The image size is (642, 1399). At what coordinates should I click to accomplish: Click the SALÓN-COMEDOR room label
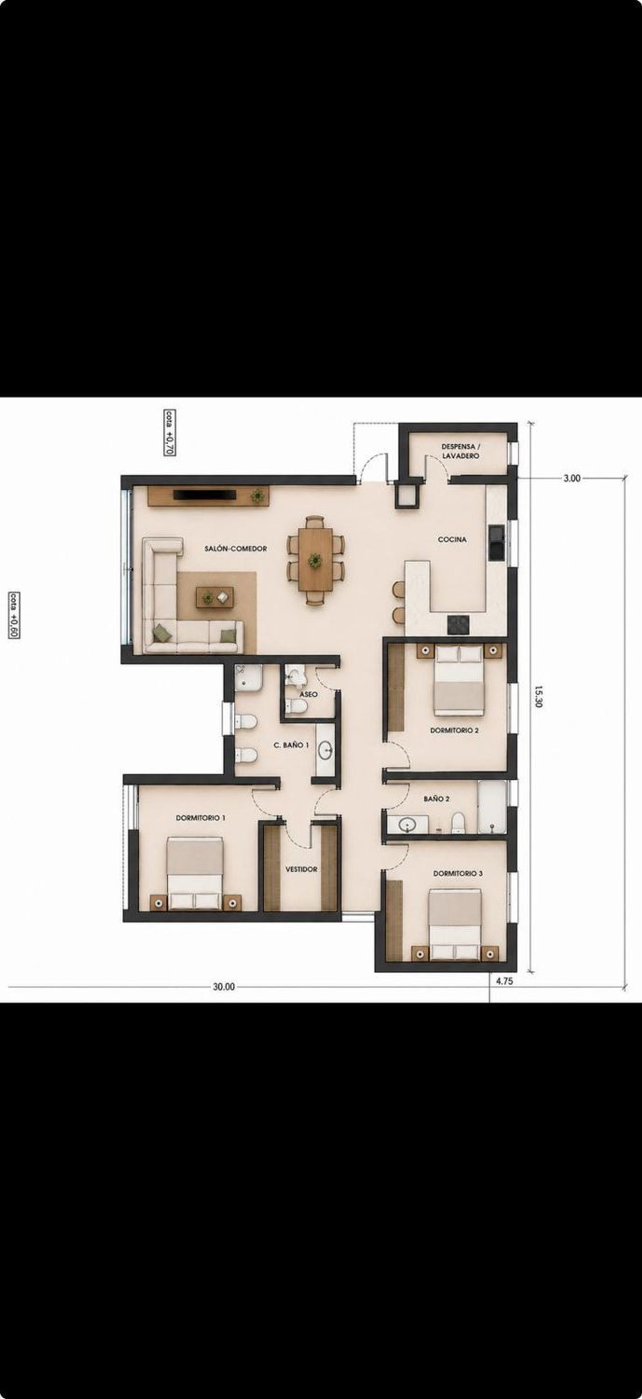click(x=235, y=549)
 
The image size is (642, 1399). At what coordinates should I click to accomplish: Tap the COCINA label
click(x=452, y=539)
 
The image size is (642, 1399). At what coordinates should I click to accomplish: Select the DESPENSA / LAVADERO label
click(x=460, y=451)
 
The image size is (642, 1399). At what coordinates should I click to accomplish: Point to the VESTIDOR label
click(x=301, y=869)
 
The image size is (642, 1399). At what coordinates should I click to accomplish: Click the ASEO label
click(x=308, y=694)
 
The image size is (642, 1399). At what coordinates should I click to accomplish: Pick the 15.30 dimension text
click(x=538, y=697)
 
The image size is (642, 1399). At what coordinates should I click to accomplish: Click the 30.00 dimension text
click(x=223, y=987)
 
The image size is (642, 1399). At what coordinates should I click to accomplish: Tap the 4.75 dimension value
click(x=504, y=981)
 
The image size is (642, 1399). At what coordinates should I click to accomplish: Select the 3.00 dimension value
click(x=572, y=478)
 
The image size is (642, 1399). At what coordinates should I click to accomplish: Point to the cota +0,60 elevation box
click(x=15, y=615)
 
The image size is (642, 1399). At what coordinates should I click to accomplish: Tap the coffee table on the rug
click(x=215, y=597)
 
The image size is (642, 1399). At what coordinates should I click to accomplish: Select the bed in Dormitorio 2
click(x=459, y=681)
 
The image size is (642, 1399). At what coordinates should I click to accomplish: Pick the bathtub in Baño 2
click(x=492, y=807)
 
